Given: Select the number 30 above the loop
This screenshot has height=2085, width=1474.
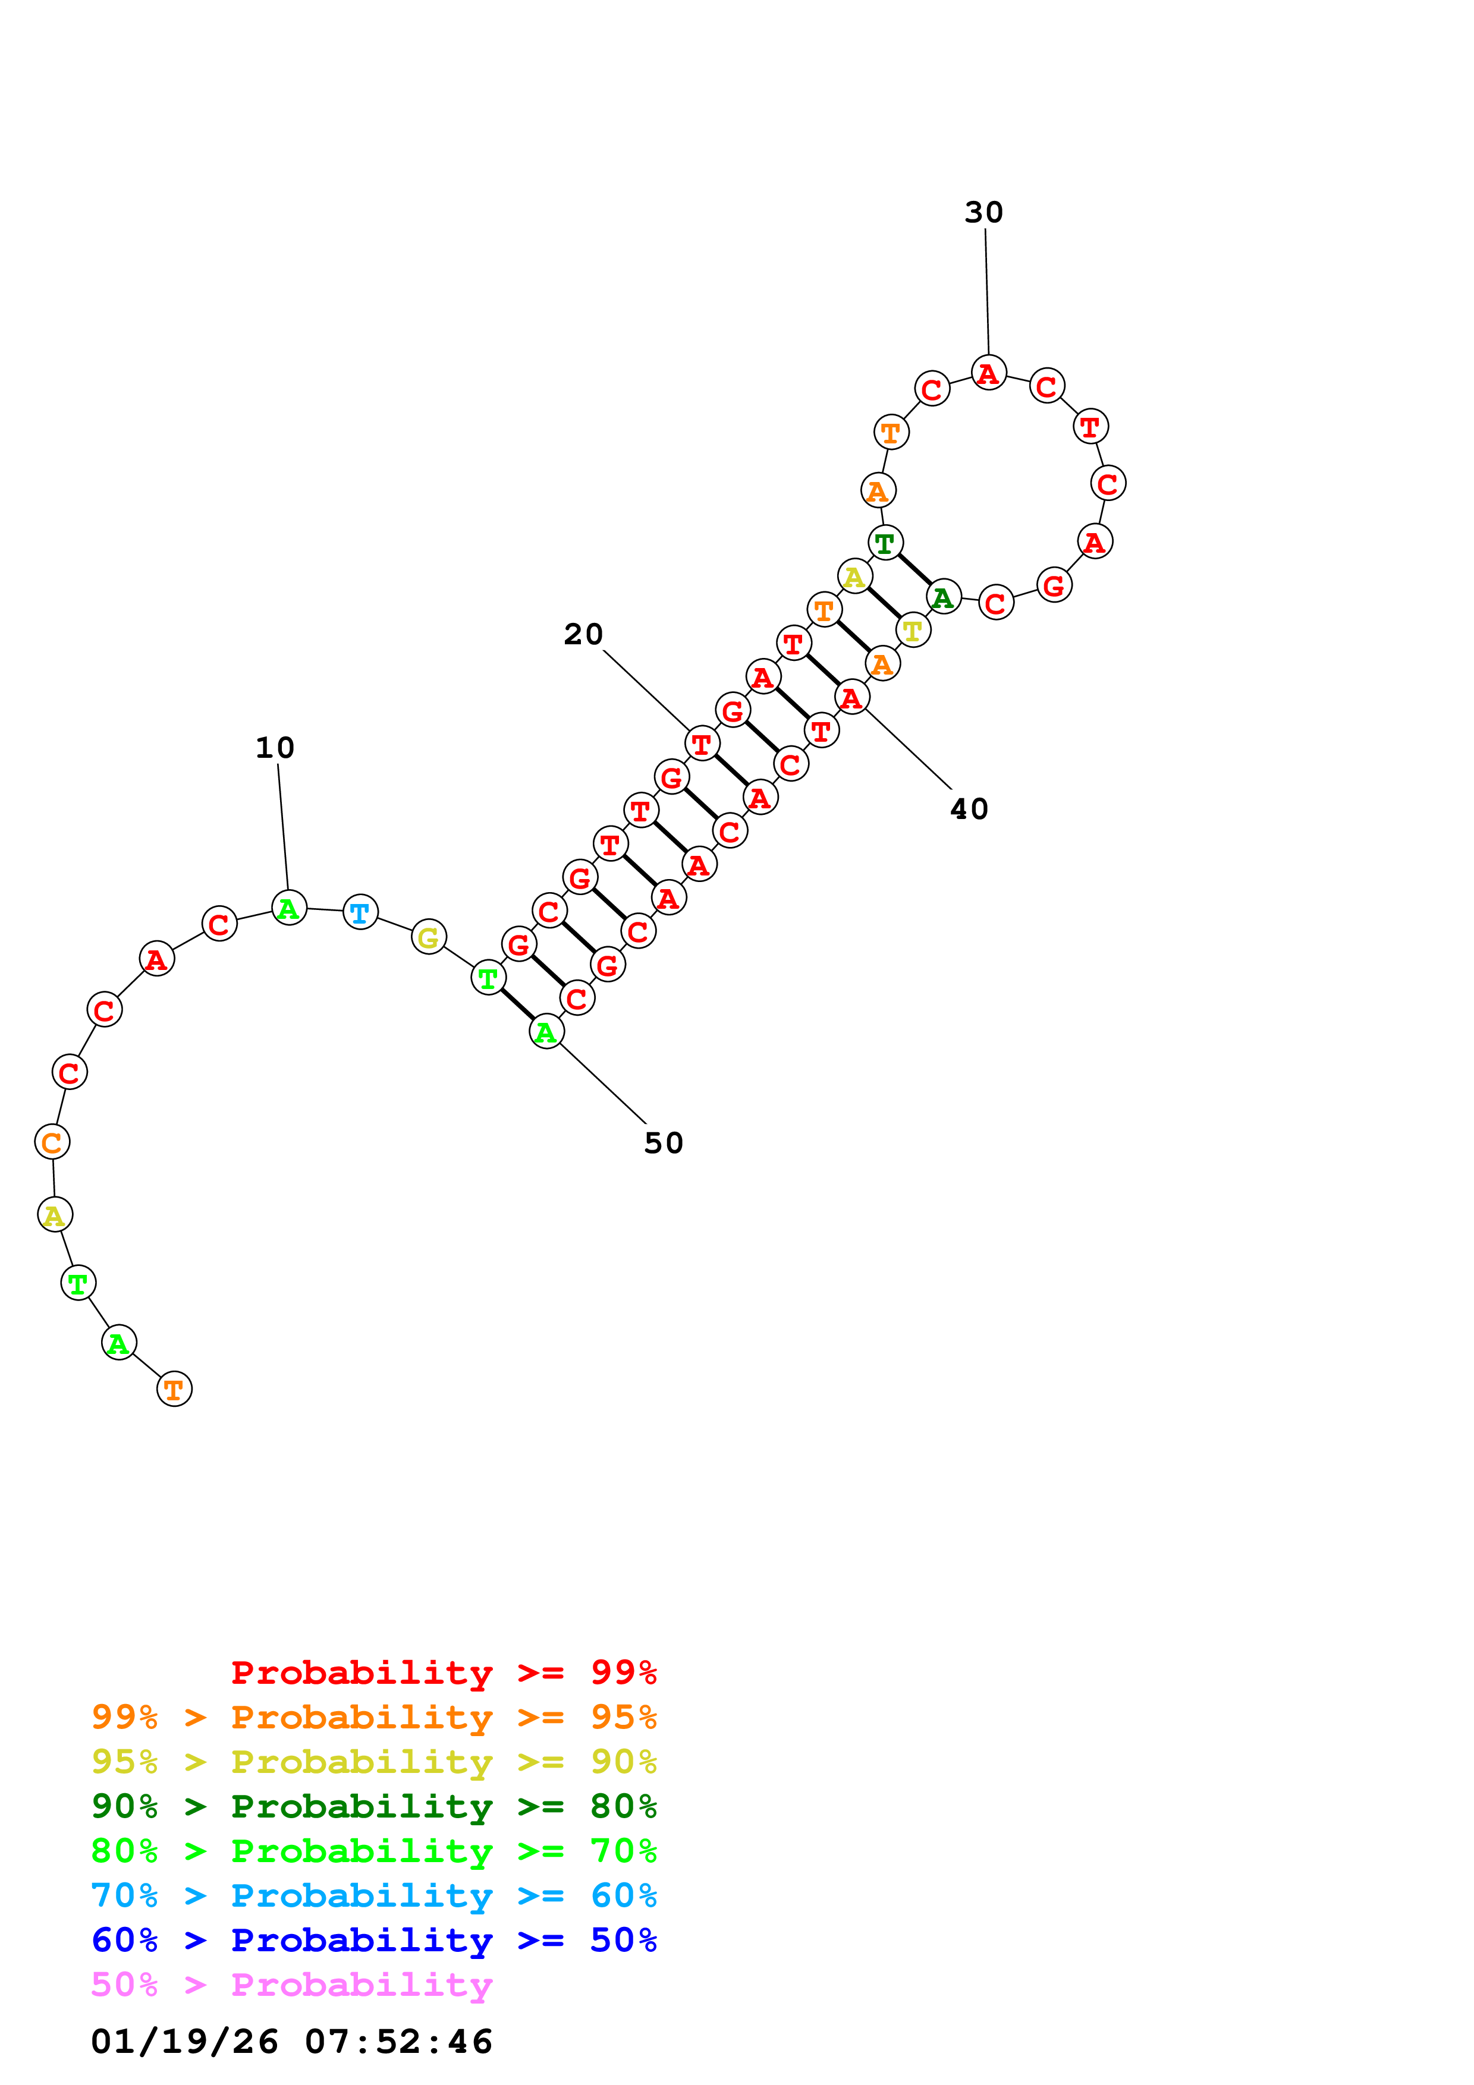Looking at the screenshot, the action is (x=983, y=213).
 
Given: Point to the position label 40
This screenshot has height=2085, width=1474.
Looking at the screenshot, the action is (x=969, y=809).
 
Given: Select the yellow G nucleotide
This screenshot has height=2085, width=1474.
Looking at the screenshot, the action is (x=429, y=937).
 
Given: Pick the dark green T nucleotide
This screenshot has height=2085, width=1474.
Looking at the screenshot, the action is (x=885, y=543).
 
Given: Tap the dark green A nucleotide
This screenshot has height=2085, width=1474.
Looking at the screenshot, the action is (x=944, y=597).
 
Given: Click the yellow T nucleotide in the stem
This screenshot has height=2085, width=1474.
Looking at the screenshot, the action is (x=913, y=630).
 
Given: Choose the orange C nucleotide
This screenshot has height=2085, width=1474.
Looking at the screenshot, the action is (x=52, y=1142).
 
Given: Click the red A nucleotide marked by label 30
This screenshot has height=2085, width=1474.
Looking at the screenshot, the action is (x=988, y=372).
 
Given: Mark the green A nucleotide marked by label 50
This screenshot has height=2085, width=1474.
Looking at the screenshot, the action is (x=546, y=1032).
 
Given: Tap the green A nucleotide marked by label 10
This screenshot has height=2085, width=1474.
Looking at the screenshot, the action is (x=289, y=907).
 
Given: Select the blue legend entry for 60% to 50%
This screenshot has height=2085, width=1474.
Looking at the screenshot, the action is (x=373, y=1941).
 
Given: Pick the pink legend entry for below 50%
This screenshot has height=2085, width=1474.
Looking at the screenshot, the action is (x=291, y=1985).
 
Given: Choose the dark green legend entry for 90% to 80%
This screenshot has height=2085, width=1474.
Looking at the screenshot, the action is (x=373, y=1807).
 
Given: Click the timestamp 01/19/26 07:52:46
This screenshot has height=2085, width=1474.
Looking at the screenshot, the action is (x=291, y=2042).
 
